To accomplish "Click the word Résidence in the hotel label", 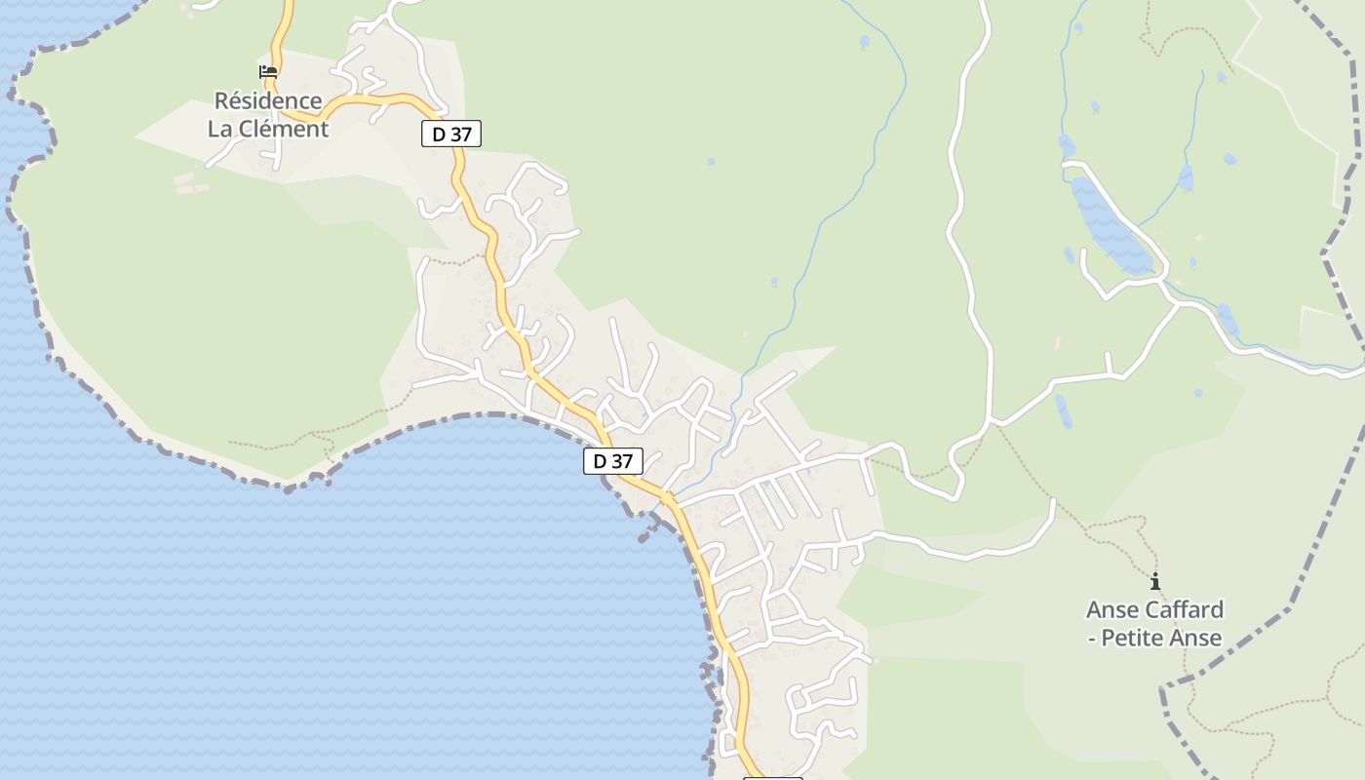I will point(268,100).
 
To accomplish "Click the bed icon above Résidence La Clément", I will point(268,71).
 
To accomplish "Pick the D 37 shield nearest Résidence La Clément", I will point(451,134).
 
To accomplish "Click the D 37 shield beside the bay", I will point(613,461).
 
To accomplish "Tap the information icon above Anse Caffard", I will point(1155,582).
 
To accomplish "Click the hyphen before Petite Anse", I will point(1093,639).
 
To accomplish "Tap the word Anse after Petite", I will point(1198,639).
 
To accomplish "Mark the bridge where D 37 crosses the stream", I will point(667,497).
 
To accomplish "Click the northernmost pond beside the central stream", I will point(864,42).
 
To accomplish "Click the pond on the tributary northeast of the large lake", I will point(1186,178).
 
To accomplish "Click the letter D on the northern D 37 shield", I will point(439,135).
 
